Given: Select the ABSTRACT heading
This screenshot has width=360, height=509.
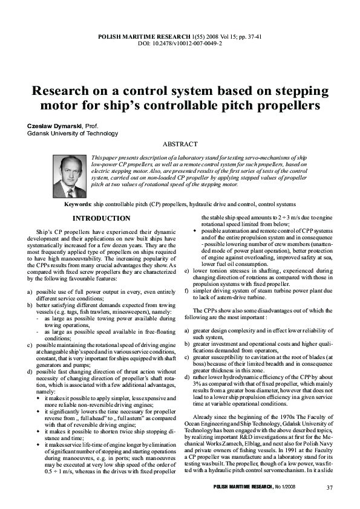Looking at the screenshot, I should point(180,144).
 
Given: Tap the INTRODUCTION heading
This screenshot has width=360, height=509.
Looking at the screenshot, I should point(101,218).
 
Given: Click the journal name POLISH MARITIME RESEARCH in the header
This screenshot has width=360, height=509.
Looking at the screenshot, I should point(143,37).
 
